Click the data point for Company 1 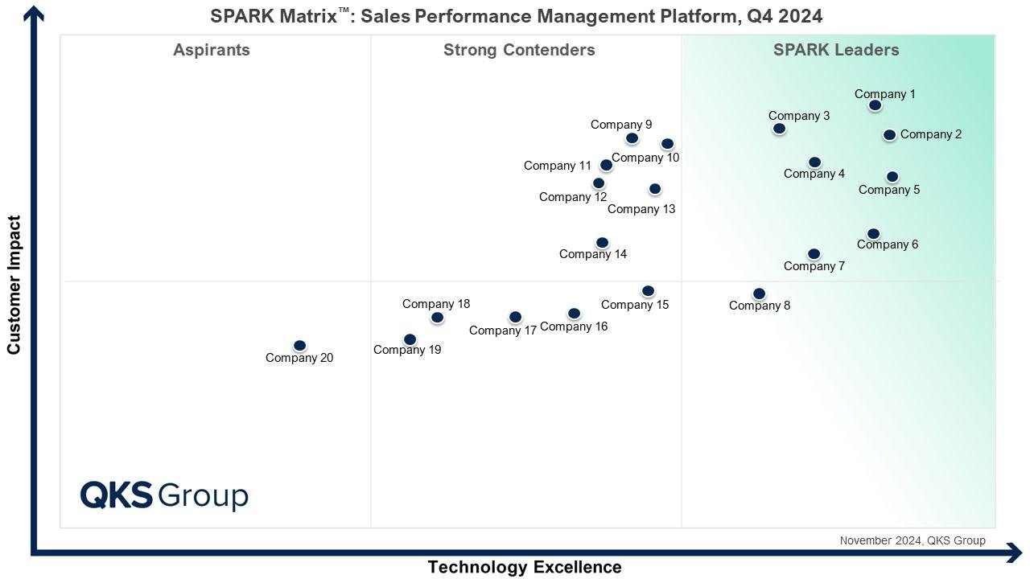coord(875,105)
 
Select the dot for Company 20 coord(299,346)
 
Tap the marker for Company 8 coord(759,294)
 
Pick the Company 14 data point coord(602,243)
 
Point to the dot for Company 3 coord(778,129)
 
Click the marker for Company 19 coord(410,339)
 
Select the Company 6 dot coord(873,234)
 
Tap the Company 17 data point coord(515,318)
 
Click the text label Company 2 coord(930,134)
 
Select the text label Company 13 coord(641,209)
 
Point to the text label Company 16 coord(574,326)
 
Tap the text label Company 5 coord(888,190)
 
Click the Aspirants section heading coord(212,50)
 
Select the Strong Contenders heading coord(519,50)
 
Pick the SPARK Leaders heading coord(836,50)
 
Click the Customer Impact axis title coord(14,285)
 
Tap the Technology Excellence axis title coord(524,567)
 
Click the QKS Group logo coord(164,495)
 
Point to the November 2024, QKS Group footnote coord(912,540)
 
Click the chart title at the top coord(516,16)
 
